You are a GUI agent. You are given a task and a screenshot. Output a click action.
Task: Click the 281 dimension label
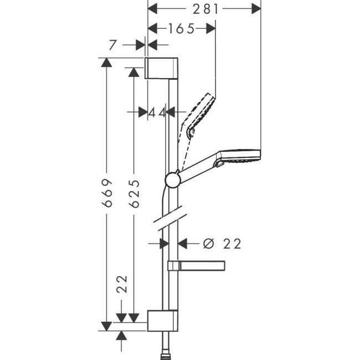point(205,8)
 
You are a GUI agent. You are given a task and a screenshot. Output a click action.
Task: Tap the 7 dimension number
point(113,45)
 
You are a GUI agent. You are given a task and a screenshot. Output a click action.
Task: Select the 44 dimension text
point(157,112)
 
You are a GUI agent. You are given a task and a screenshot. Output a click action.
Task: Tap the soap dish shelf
point(197,266)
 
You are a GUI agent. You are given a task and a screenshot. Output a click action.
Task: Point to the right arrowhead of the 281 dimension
point(255,8)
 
